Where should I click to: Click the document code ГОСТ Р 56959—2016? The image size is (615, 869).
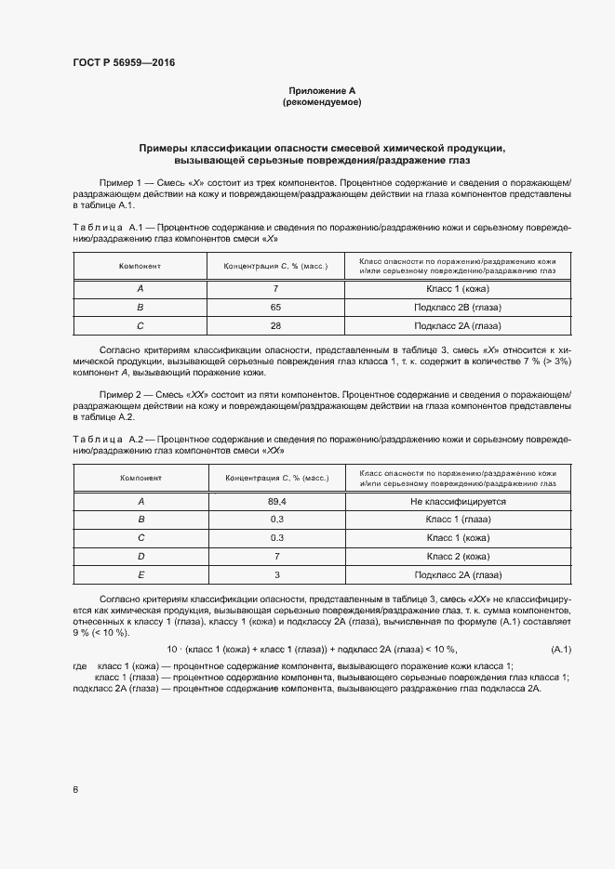[x=123, y=63]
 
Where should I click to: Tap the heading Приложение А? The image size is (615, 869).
[x=322, y=91]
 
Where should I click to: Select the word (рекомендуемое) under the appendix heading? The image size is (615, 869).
[x=322, y=102]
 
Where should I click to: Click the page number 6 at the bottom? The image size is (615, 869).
[x=74, y=790]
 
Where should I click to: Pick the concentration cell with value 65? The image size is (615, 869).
[x=275, y=306]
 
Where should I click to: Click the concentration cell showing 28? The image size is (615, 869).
[x=275, y=325]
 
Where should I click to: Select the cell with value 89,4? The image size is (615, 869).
[x=275, y=501]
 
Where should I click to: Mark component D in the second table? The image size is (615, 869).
[x=140, y=556]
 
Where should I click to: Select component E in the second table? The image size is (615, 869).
[x=140, y=574]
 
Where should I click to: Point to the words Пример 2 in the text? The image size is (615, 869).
[x=117, y=395]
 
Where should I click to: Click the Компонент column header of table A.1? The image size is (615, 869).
[x=140, y=266]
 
